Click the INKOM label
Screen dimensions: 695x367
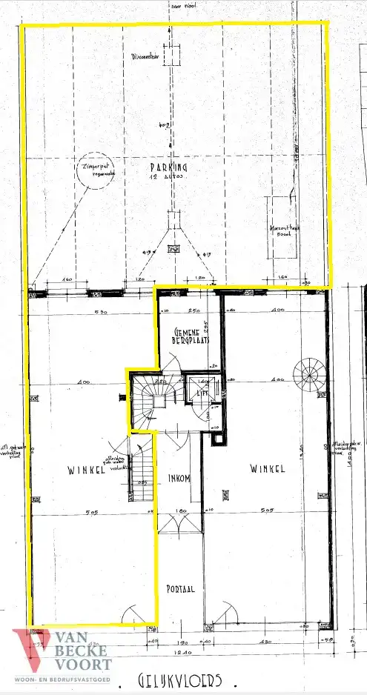(180, 478)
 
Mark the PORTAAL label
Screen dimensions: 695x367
(180, 589)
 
